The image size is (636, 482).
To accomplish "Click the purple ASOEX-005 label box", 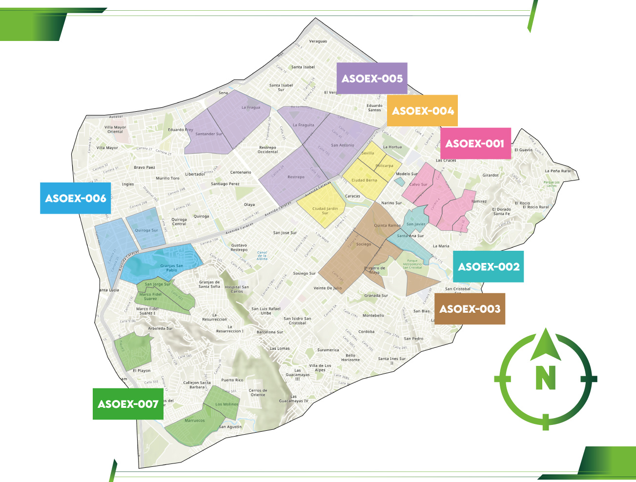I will [x=372, y=78].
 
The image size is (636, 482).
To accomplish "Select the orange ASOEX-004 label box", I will [x=422, y=111].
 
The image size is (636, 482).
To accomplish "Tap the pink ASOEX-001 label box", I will [x=475, y=143].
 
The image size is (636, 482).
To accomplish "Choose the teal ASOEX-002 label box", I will [x=488, y=266].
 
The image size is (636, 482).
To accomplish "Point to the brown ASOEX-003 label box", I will [x=470, y=309].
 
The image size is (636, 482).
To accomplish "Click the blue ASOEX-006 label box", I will [x=76, y=198].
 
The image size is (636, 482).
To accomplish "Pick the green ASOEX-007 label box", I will [x=128, y=404].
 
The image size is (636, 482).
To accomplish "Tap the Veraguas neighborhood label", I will [x=318, y=41].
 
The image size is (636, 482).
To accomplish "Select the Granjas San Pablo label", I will [x=172, y=268].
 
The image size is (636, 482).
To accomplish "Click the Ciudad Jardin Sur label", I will [x=325, y=211].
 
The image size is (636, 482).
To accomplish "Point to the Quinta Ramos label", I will [x=387, y=225].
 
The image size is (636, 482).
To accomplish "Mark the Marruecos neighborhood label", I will [x=195, y=421].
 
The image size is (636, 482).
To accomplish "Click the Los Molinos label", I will [x=227, y=404].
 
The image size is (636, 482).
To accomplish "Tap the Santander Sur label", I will [x=209, y=134].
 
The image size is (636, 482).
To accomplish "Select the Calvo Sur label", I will [x=418, y=185].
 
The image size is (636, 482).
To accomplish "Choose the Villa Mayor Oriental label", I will [x=115, y=129].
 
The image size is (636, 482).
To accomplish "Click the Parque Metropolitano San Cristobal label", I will [x=412, y=264].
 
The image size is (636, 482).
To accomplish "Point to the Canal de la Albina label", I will [x=262, y=255].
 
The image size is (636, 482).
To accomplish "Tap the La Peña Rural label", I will [x=558, y=171].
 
